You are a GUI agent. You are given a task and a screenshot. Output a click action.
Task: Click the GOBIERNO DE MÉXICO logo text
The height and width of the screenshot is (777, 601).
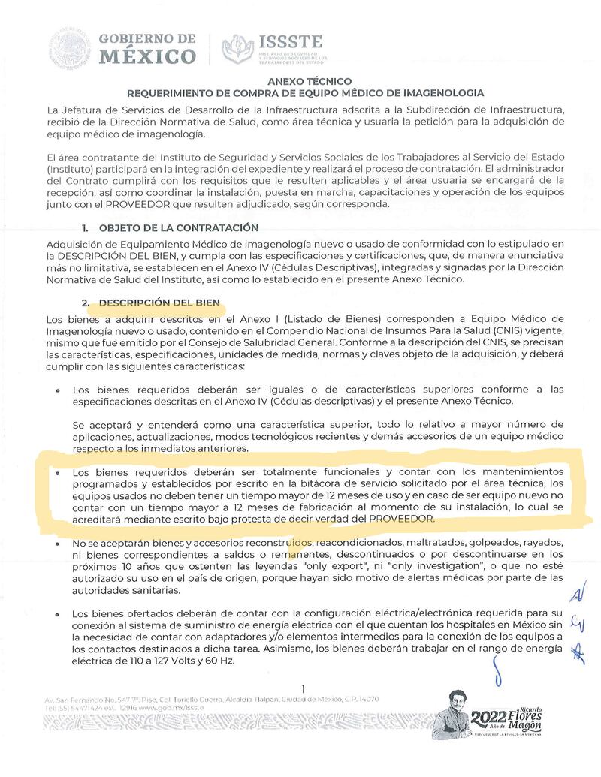(148, 48)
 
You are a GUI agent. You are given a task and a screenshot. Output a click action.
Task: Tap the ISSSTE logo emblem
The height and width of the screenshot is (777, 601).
(237, 49)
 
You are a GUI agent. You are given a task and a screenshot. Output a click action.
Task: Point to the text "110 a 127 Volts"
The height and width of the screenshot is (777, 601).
(160, 664)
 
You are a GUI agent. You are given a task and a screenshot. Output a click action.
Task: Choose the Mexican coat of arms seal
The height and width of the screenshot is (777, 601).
(70, 49)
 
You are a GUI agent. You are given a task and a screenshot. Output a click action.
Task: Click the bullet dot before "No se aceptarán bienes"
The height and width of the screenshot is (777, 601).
(59, 543)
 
